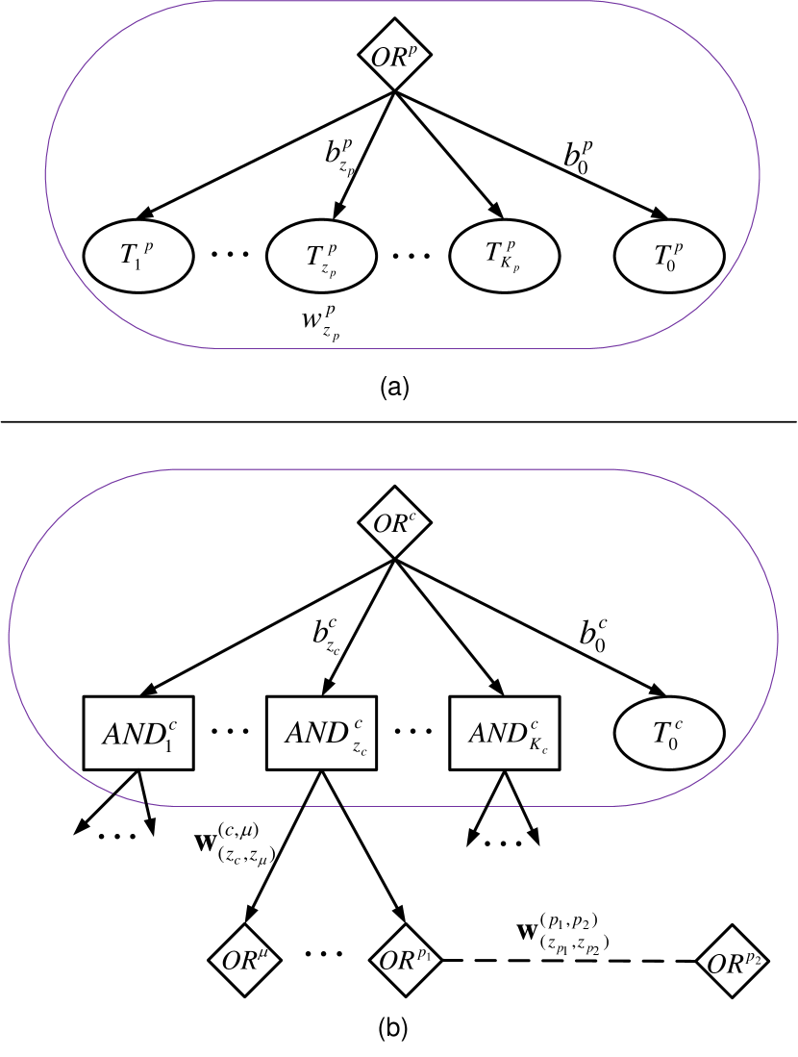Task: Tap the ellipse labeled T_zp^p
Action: click(321, 256)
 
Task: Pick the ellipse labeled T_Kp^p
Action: click(505, 256)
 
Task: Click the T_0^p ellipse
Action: click(669, 256)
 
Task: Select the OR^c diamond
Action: click(394, 524)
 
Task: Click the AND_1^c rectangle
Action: click(139, 733)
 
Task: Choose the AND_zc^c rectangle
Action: click(321, 733)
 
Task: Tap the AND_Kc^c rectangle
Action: click(505, 733)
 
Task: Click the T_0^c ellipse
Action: click(669, 733)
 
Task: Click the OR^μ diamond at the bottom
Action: click(245, 960)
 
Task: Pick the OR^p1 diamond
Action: click(406, 960)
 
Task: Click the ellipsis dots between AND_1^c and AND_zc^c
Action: click(230, 731)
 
